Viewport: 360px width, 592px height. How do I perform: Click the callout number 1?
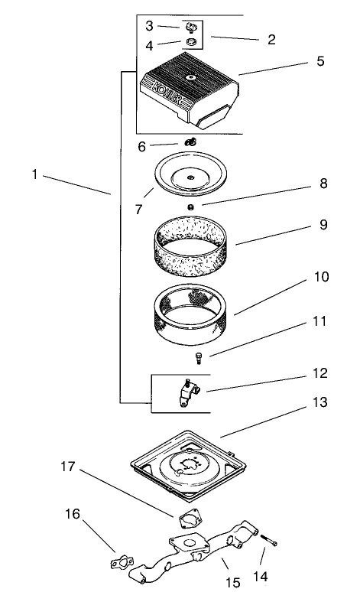pyautogui.click(x=34, y=174)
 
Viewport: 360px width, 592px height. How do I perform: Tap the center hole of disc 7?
pyautogui.click(x=187, y=177)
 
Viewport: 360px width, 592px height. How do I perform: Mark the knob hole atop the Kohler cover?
pyautogui.click(x=190, y=76)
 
